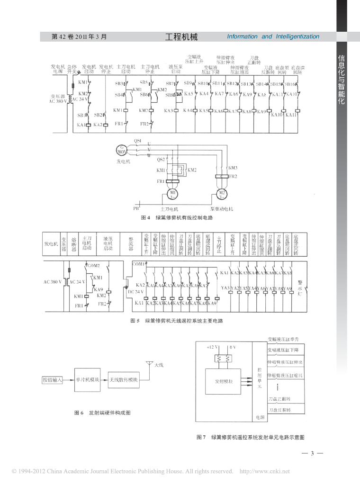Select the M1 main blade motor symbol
click(x=173, y=195)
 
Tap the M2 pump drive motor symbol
click(x=222, y=194)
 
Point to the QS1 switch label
click(x=138, y=141)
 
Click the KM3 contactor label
click(x=233, y=168)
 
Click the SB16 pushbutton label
click(x=290, y=84)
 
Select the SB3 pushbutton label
click(x=119, y=84)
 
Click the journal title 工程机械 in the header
click(x=182, y=36)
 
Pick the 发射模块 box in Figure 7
click(x=224, y=380)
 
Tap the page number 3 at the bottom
click(x=312, y=454)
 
